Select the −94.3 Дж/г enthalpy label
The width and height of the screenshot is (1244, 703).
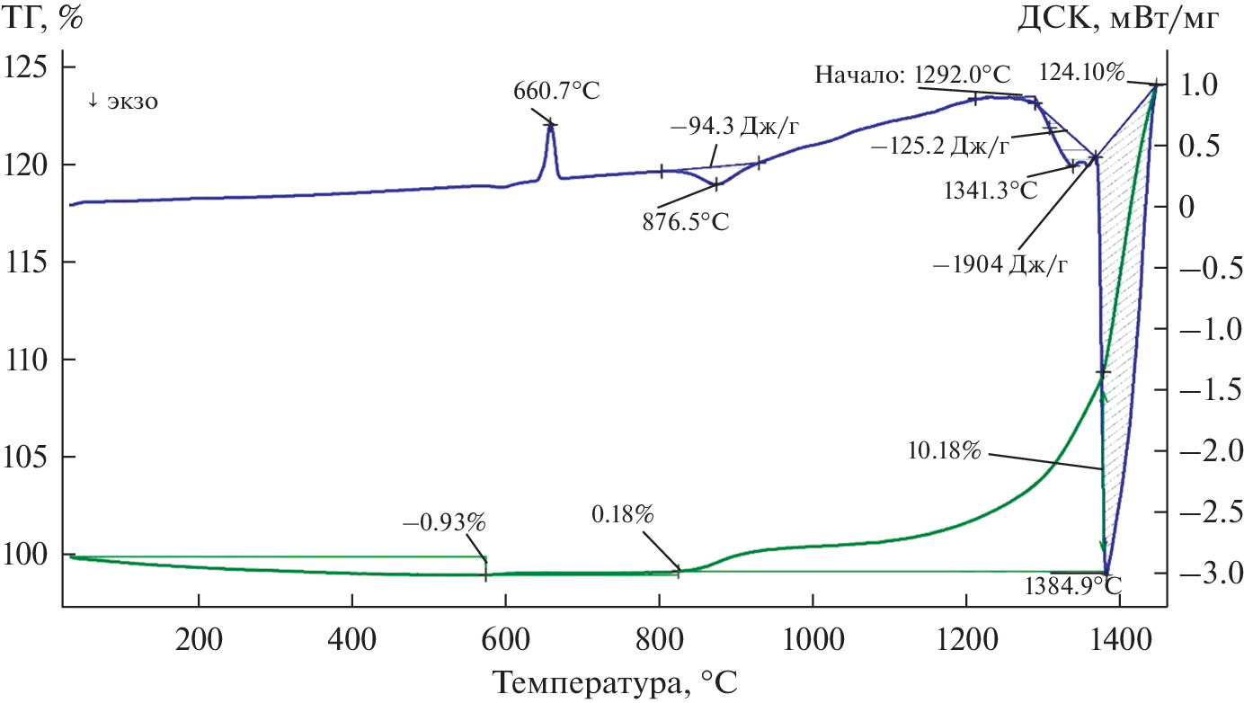click(734, 127)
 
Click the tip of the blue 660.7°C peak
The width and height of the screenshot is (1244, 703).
click(551, 124)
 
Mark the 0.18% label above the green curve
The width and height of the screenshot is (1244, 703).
click(623, 515)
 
